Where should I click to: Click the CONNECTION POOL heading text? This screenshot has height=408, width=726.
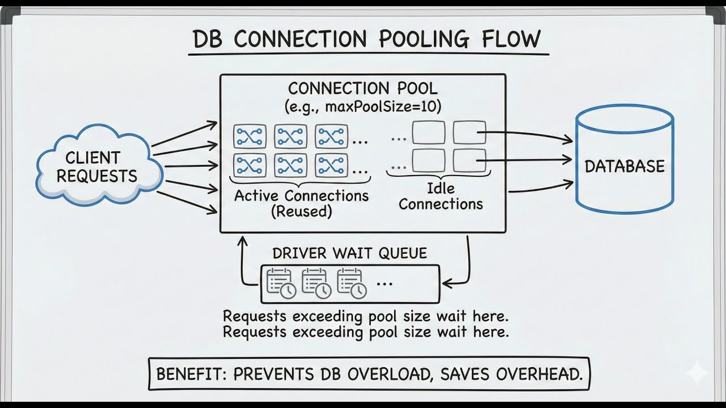point(362,89)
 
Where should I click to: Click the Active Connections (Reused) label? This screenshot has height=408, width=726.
point(301,204)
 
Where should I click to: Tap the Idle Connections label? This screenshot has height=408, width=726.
point(441,196)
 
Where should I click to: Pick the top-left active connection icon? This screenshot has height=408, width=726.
point(248,137)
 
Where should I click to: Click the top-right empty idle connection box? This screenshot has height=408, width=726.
point(469,133)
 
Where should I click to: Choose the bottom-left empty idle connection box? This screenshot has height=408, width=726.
point(428,161)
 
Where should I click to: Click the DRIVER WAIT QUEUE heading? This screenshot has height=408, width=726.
point(349,253)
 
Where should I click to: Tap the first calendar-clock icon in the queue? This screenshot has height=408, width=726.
point(281,283)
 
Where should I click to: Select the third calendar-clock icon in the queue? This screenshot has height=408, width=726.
point(351,283)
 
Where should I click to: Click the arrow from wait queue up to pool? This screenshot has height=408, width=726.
point(242,261)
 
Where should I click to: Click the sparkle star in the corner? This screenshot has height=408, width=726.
point(696,374)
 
